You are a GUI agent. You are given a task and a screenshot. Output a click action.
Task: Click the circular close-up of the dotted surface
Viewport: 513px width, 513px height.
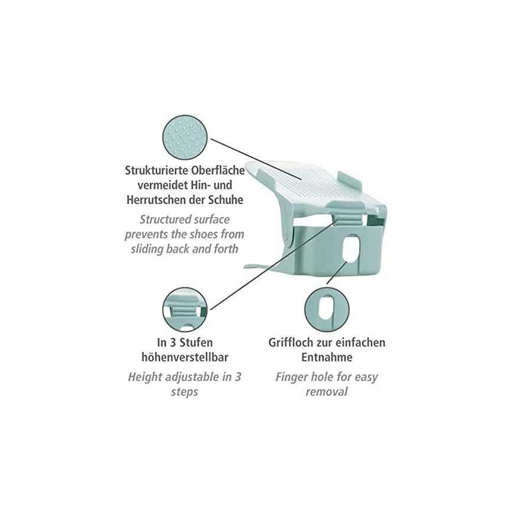point(185,137)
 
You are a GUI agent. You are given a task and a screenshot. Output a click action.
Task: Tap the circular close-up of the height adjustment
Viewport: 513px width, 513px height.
point(185,310)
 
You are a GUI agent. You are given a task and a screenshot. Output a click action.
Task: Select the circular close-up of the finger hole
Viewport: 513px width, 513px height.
point(327,310)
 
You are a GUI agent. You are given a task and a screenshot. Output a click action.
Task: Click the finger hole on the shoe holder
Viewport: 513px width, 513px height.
point(350,249)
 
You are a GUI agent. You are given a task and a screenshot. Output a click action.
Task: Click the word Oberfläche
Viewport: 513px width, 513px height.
point(218,170)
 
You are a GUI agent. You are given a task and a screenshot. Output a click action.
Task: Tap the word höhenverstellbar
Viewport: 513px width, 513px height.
point(185,357)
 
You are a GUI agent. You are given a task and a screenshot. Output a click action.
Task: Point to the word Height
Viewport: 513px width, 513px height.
point(145,377)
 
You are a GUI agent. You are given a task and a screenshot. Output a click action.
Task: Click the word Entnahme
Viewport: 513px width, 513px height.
point(327,357)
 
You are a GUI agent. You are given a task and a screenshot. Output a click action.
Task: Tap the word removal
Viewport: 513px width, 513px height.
point(327,392)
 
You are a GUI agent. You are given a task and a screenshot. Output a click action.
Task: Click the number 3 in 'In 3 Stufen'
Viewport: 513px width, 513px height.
point(173,343)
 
